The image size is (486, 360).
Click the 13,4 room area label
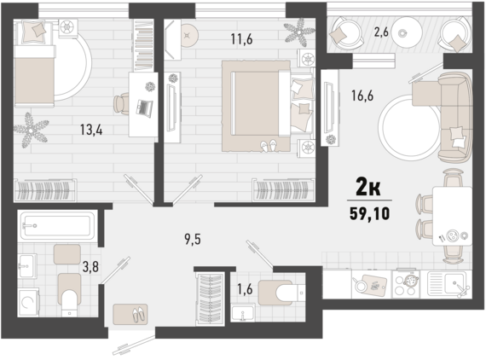(91, 130)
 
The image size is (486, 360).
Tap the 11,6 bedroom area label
(241, 39)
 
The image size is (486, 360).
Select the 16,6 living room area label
(362, 96)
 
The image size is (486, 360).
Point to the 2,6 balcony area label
(381, 32)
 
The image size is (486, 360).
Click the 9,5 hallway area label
(193, 239)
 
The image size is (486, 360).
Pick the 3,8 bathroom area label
(90, 266)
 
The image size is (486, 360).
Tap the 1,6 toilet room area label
(245, 288)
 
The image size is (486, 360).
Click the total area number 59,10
(369, 213)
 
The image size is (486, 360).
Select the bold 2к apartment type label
(368, 187)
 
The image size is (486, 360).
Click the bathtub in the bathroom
(57, 225)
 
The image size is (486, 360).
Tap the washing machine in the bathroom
(28, 302)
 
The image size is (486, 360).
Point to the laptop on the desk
(144, 107)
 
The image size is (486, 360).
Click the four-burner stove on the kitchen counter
(407, 284)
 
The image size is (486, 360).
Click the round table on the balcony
(407, 32)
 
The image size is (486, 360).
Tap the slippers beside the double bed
(268, 145)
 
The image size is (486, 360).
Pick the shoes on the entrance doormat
(138, 314)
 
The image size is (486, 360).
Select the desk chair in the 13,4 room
(121, 103)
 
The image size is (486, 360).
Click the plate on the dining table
(452, 235)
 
